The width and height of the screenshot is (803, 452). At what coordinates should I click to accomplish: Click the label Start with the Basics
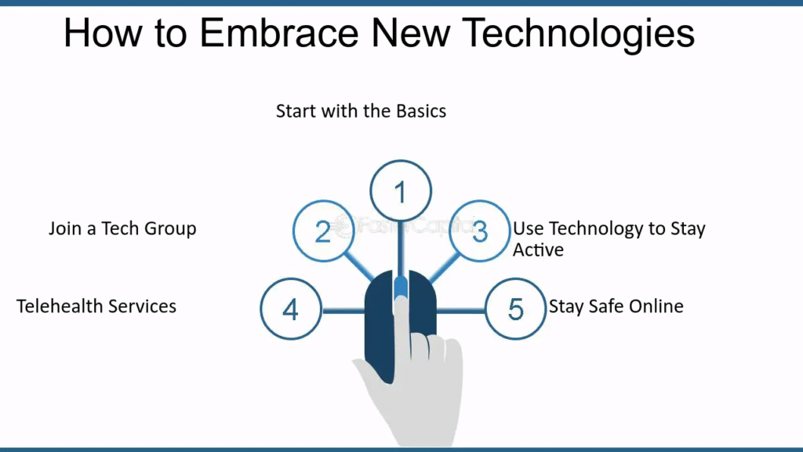(361, 111)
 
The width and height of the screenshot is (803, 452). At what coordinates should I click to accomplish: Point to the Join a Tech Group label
(122, 228)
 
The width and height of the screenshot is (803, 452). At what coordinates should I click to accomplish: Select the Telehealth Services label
(96, 306)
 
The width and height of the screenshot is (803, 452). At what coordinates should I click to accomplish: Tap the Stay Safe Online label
(616, 306)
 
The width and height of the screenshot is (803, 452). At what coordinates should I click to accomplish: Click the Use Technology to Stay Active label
(609, 239)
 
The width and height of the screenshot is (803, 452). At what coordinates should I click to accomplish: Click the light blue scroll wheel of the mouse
(401, 287)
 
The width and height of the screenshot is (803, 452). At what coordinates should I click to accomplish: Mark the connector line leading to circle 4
(343, 311)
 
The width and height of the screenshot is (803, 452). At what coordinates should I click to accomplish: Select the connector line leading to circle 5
(460, 311)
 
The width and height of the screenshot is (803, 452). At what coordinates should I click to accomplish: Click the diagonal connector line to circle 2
(359, 266)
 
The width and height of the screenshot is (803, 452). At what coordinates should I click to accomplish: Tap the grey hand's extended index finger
(401, 328)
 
